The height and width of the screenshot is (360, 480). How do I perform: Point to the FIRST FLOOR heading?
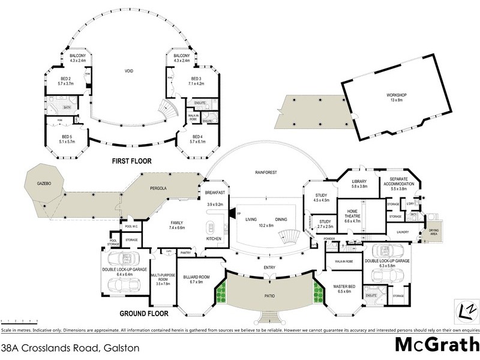click(131, 161)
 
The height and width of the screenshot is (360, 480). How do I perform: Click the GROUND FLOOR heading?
click(144, 313)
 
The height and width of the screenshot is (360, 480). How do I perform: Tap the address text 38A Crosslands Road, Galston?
click(70, 347)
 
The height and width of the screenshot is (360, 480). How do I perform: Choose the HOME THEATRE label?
click(353, 217)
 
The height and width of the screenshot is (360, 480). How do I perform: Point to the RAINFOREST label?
click(265, 173)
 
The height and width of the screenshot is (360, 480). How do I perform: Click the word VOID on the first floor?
click(128, 72)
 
